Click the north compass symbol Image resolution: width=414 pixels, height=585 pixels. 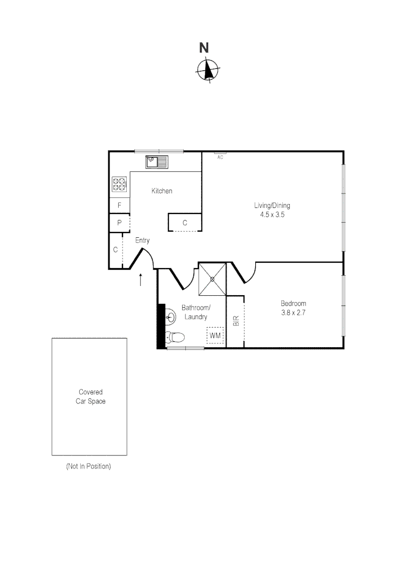208,69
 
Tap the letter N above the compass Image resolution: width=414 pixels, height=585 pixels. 204,48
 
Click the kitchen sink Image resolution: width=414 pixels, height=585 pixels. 157,161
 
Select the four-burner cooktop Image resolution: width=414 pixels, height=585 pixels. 119,184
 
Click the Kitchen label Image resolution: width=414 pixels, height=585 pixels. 161,191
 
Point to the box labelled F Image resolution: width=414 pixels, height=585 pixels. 119,206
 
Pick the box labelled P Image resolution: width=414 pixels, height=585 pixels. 119,223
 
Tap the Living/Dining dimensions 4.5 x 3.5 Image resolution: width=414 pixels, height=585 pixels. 273,214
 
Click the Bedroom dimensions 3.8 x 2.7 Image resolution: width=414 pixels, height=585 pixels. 293,313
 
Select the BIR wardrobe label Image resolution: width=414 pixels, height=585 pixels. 236,321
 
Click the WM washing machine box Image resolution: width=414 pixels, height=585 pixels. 215,336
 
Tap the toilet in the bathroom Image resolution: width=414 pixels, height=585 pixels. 175,337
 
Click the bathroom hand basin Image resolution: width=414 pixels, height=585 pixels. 170,316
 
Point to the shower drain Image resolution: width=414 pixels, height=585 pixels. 212,279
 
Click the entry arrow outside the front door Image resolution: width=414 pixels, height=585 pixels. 141,279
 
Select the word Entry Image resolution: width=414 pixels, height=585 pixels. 143,240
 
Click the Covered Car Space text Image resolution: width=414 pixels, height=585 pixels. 90,396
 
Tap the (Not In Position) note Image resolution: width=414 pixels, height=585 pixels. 88,466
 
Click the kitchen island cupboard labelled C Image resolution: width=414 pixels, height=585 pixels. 185,223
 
